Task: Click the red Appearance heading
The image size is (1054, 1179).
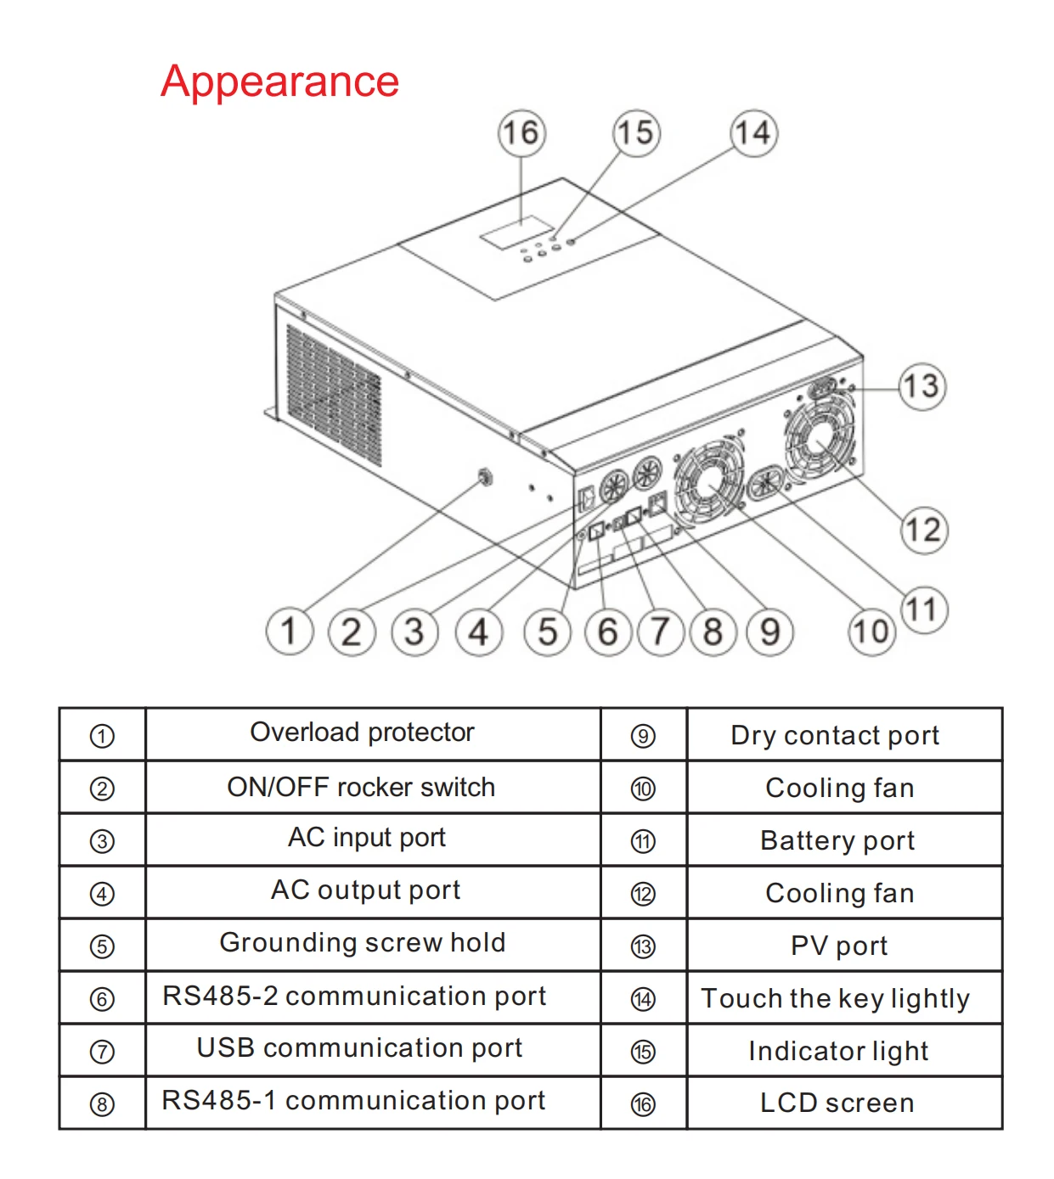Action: click(279, 81)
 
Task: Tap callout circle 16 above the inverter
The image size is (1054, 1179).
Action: click(521, 132)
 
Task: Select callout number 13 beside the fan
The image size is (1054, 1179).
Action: click(922, 386)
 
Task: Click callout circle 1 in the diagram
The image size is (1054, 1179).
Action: click(289, 632)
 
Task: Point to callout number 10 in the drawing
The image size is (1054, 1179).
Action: click(871, 632)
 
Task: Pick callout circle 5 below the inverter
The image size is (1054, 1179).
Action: click(547, 632)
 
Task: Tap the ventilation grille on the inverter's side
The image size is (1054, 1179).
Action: click(333, 395)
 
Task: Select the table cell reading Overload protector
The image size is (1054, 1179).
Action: click(363, 733)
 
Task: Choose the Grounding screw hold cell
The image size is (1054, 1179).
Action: click(363, 943)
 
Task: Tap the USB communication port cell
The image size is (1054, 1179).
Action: click(359, 1048)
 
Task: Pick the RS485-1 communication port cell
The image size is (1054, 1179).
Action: click(353, 1101)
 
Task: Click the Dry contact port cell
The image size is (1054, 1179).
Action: click(835, 735)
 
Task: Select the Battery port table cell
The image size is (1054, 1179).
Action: click(837, 840)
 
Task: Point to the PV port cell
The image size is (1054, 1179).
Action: click(839, 946)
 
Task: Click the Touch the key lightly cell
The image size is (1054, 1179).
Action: click(835, 999)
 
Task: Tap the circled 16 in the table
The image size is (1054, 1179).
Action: click(643, 1104)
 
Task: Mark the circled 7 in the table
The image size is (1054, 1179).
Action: click(102, 1052)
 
